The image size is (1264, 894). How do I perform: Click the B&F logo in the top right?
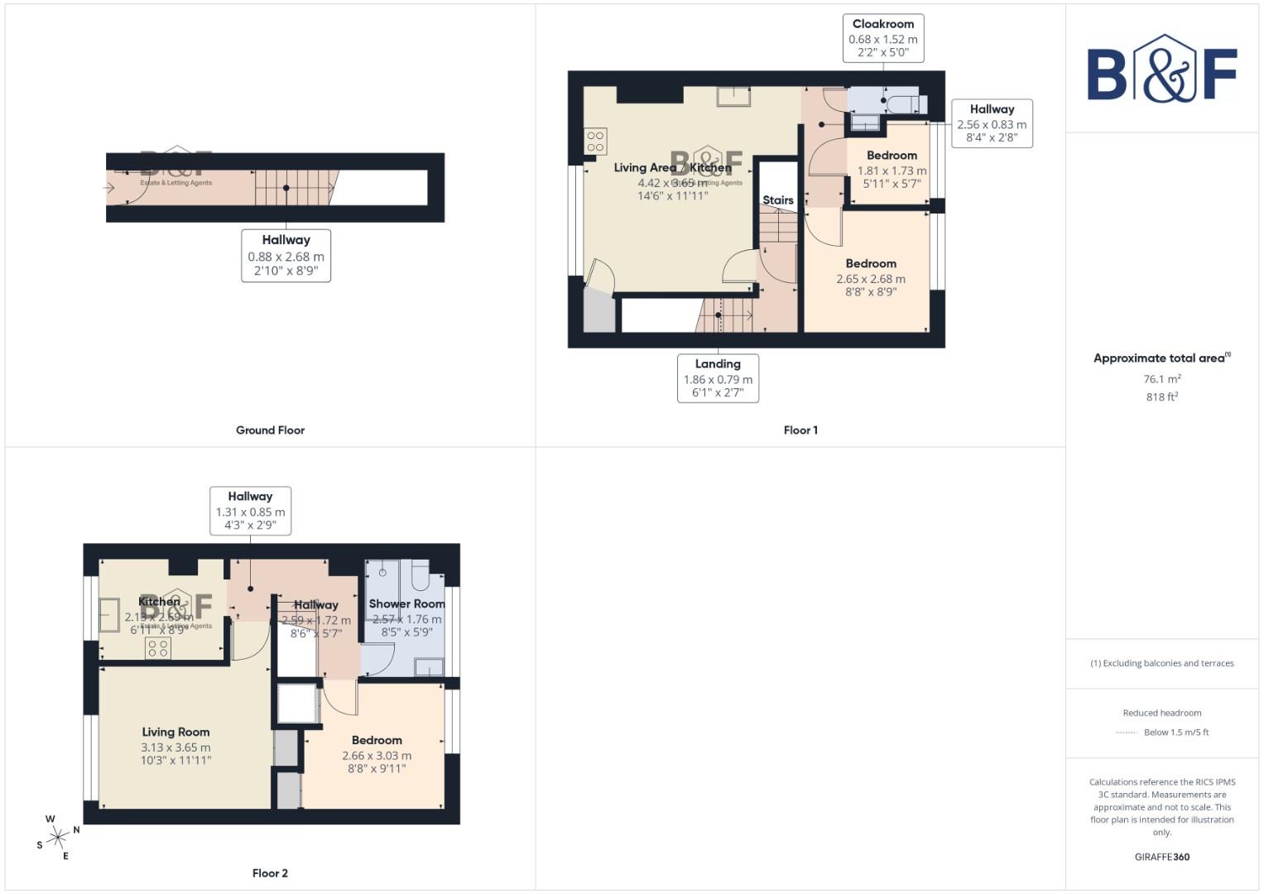(x=1161, y=70)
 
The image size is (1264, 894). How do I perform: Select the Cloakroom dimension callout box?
(x=883, y=38)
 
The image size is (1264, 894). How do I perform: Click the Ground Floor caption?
(x=270, y=430)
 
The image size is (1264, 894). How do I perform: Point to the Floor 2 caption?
(x=270, y=873)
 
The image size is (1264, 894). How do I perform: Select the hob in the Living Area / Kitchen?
(x=595, y=141)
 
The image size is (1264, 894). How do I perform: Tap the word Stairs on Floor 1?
(x=777, y=200)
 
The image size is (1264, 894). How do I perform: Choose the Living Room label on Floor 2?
(x=175, y=732)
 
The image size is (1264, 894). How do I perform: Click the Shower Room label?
(x=406, y=604)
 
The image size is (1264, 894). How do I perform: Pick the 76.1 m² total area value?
(x=1161, y=379)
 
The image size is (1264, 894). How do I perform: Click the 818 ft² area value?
(x=1161, y=397)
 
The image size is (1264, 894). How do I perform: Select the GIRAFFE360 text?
(x=1161, y=857)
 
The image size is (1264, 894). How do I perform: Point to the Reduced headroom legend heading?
(x=1161, y=713)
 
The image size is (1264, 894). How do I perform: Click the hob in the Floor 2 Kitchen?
(x=157, y=648)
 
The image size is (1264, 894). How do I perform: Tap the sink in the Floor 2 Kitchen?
(x=108, y=617)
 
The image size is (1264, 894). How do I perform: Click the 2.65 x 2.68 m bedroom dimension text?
(x=871, y=279)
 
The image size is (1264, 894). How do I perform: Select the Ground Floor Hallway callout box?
(x=286, y=256)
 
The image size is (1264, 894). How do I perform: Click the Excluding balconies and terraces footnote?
(x=1161, y=663)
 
